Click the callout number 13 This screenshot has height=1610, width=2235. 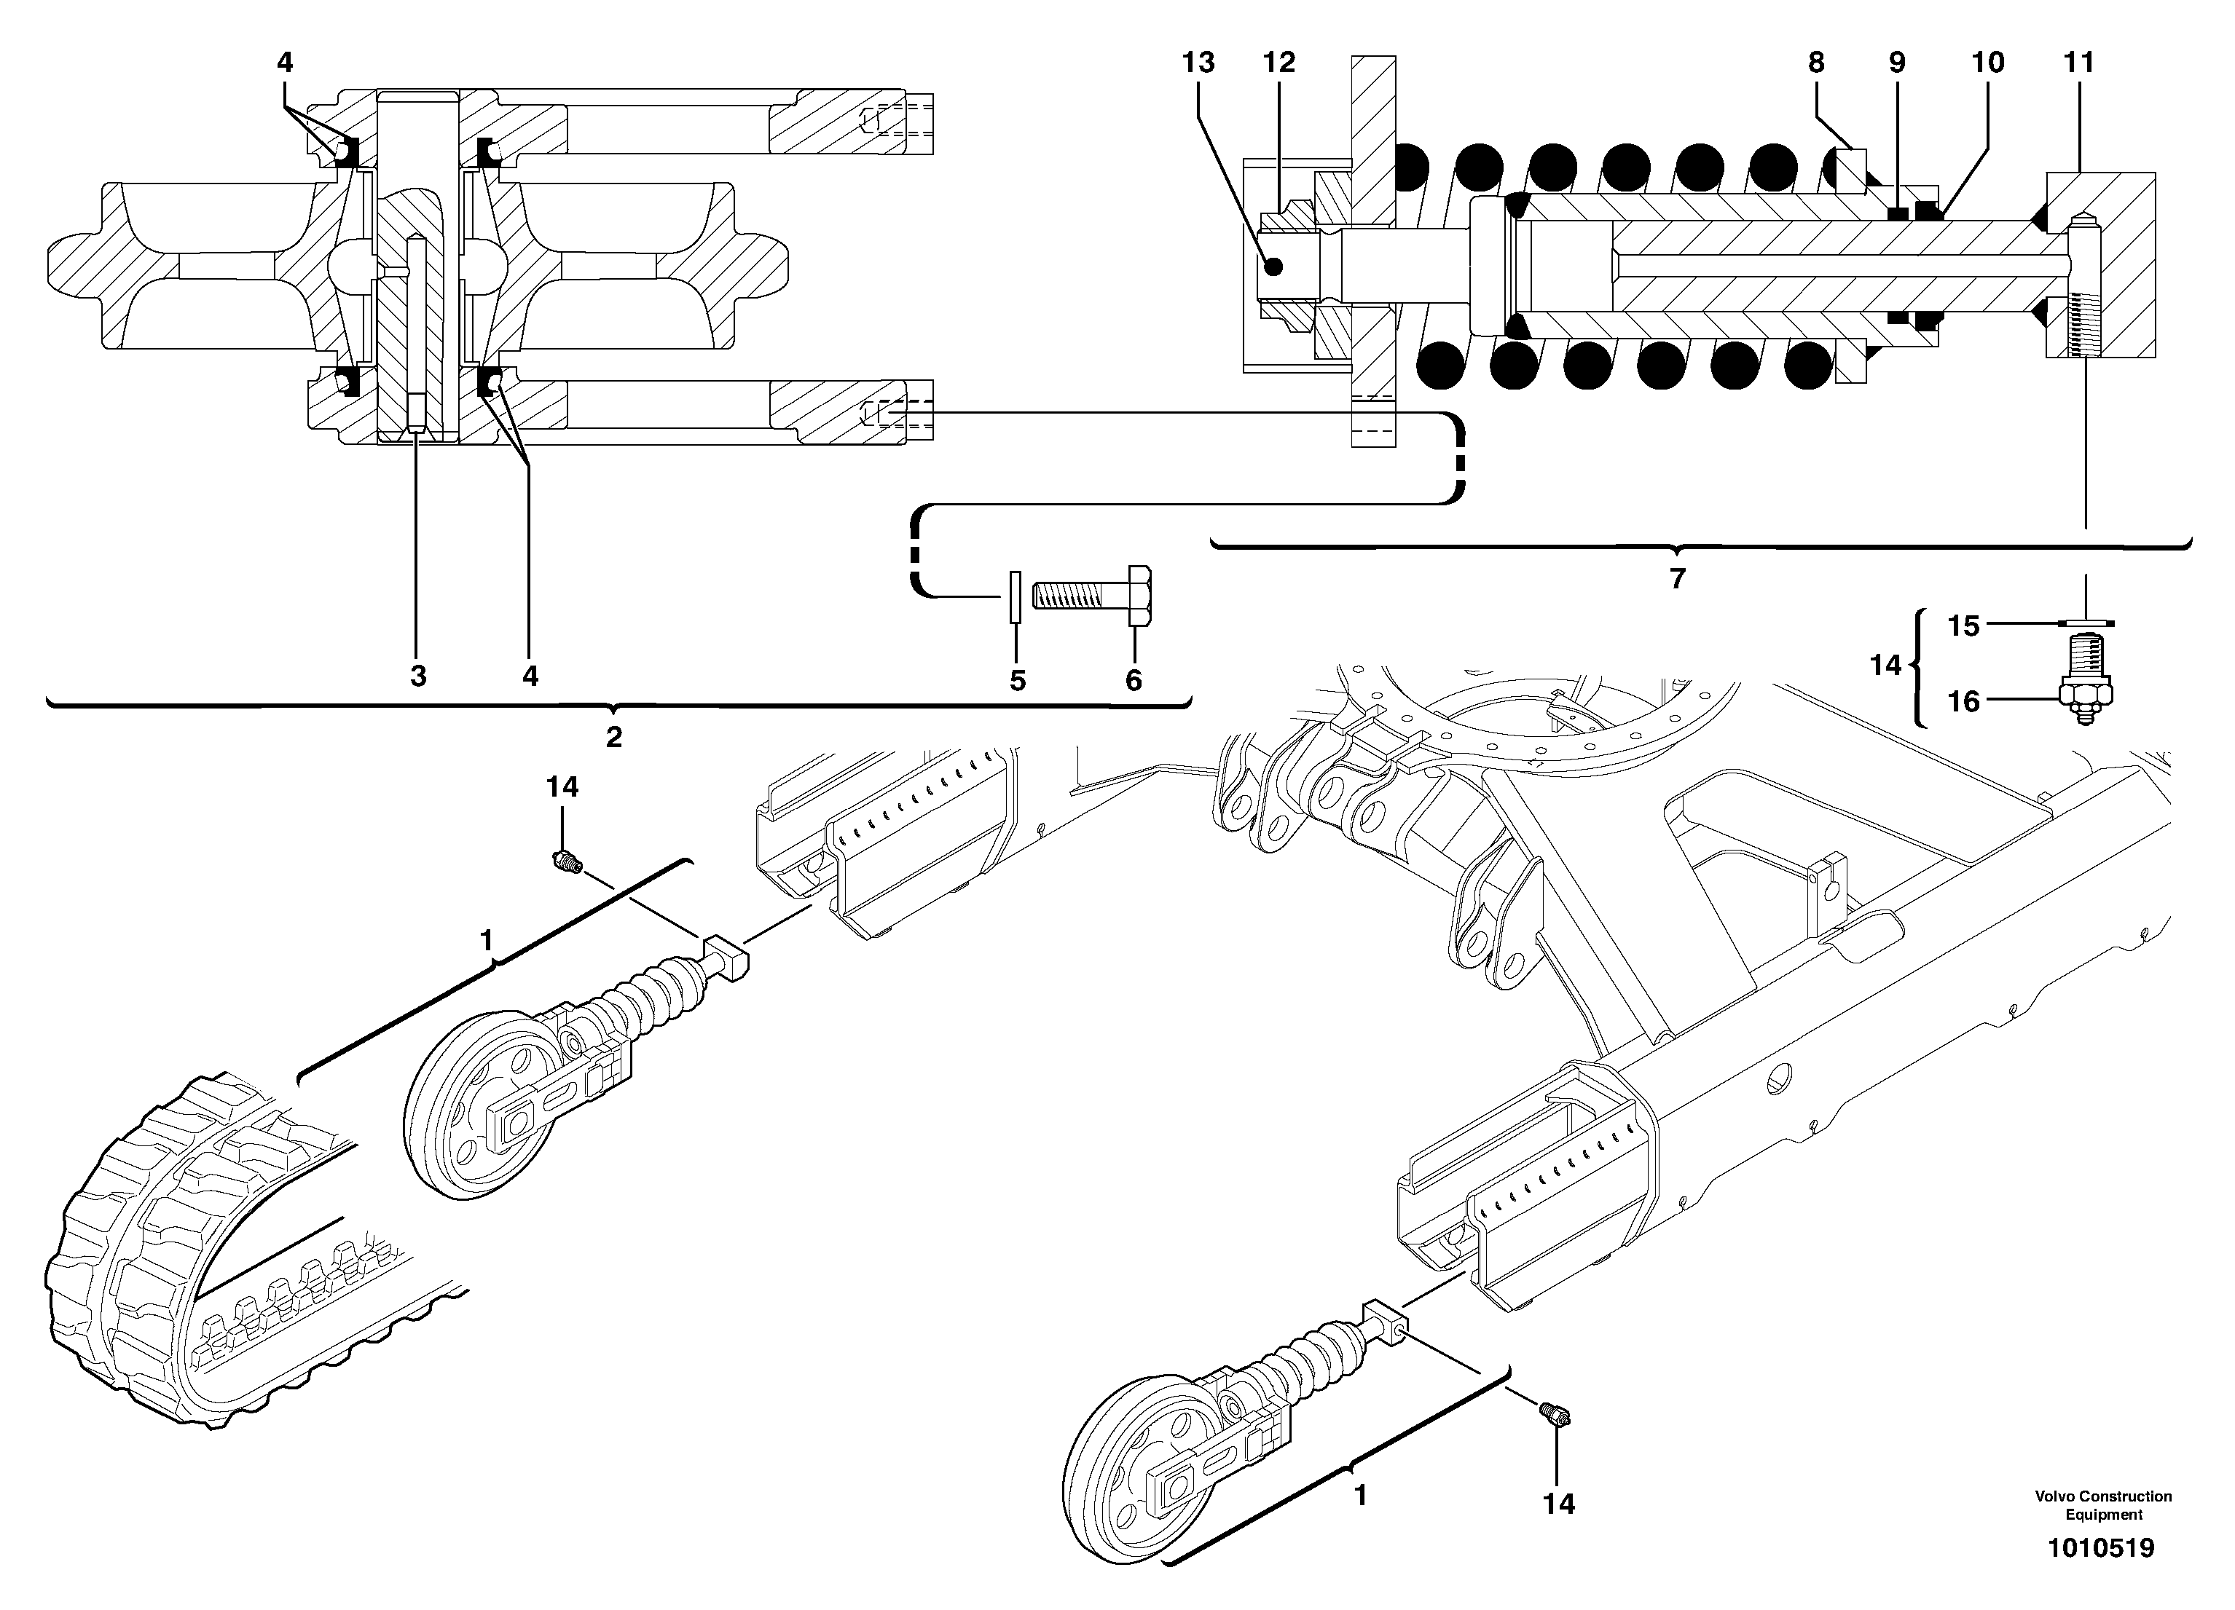1198,63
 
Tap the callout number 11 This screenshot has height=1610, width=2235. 2078,63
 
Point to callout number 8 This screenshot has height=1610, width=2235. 1816,63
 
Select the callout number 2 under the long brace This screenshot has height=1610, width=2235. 614,737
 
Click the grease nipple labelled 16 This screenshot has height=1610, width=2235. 2083,695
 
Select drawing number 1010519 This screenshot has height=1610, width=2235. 2101,1548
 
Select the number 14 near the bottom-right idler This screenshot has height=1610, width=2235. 1559,1504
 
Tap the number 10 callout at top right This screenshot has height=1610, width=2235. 1987,63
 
